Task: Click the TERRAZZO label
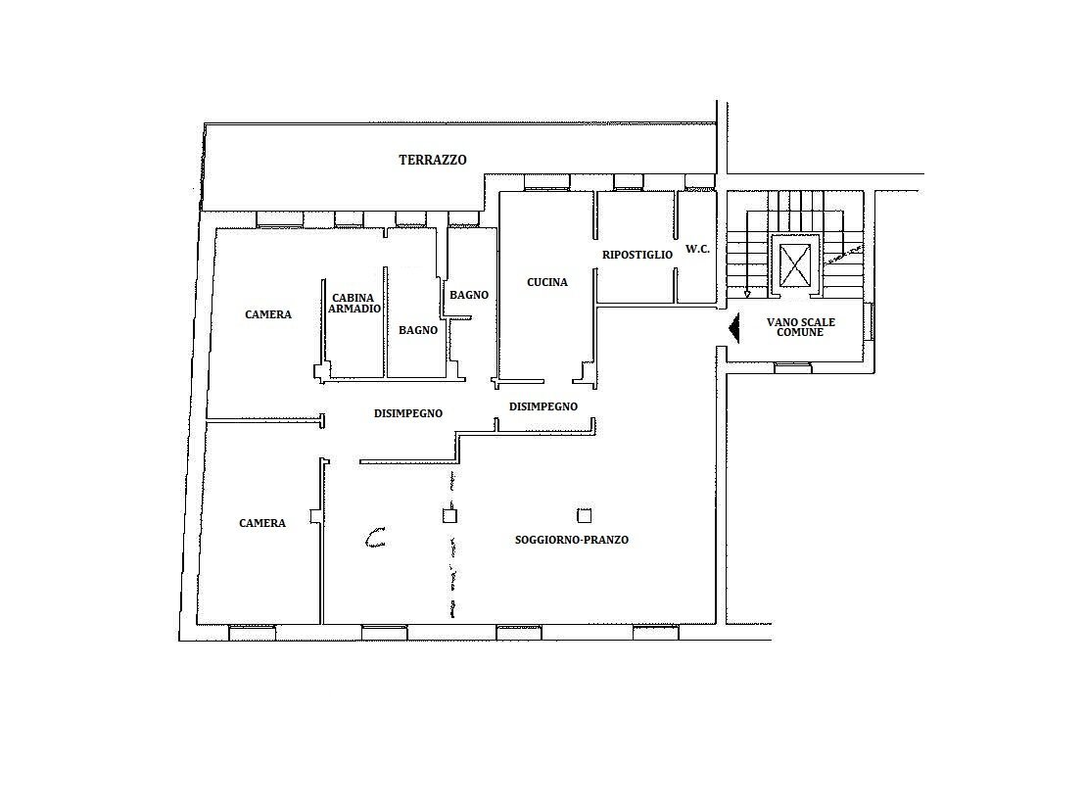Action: (432, 160)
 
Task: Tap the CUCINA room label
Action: (546, 282)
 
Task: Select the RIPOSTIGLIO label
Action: (637, 255)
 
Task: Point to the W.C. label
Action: (697, 249)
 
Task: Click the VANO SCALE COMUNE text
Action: (800, 327)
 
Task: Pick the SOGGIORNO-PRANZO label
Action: (571, 540)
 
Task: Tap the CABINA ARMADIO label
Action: (354, 303)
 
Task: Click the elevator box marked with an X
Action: (793, 262)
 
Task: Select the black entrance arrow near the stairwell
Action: (731, 327)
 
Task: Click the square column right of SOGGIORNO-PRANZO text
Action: (584, 515)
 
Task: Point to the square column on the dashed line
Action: (449, 515)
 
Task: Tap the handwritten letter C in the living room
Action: (375, 537)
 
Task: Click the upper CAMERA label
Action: (268, 314)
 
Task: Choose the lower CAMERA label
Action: (262, 523)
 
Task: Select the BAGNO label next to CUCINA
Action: (468, 295)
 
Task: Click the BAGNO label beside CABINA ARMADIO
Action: (418, 330)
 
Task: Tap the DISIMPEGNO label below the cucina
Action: (542, 406)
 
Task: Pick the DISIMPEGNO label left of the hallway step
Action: (407, 413)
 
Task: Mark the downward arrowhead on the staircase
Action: (747, 293)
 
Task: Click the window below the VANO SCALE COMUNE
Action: (792, 367)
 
